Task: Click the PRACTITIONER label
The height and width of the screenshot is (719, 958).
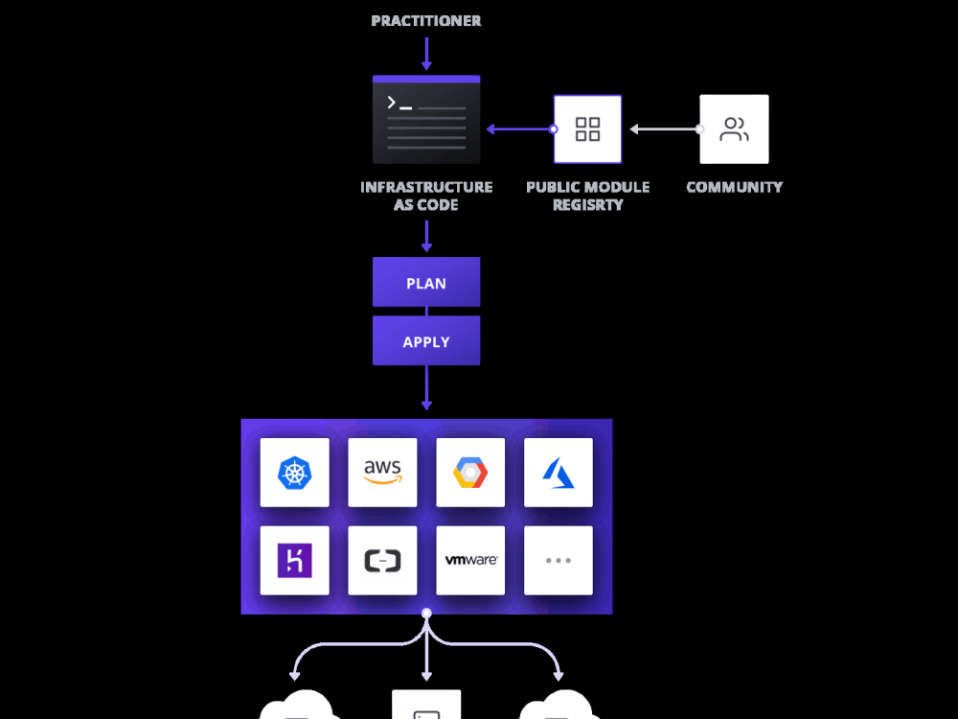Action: [426, 20]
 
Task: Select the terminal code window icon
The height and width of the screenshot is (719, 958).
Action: [426, 120]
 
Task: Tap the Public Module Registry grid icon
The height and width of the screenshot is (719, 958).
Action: [587, 129]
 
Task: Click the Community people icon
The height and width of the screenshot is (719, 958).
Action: [734, 129]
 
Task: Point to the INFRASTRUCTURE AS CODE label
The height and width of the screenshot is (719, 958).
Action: [426, 196]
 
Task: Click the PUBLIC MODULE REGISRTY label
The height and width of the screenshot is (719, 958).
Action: [587, 196]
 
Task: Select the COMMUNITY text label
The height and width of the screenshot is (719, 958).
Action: [734, 187]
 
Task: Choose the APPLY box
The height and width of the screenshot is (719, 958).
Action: [426, 341]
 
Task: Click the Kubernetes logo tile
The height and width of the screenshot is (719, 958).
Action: [294, 473]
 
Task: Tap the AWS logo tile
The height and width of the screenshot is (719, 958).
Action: [382, 473]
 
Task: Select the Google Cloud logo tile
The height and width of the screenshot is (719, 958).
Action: [470, 473]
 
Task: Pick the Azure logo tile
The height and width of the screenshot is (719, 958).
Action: [559, 473]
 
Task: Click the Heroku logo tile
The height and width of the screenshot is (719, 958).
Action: [294, 560]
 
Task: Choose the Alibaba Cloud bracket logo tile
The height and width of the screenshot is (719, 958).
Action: [382, 560]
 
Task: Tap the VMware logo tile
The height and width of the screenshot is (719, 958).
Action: [470, 560]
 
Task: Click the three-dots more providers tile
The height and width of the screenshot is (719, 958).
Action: [559, 560]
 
